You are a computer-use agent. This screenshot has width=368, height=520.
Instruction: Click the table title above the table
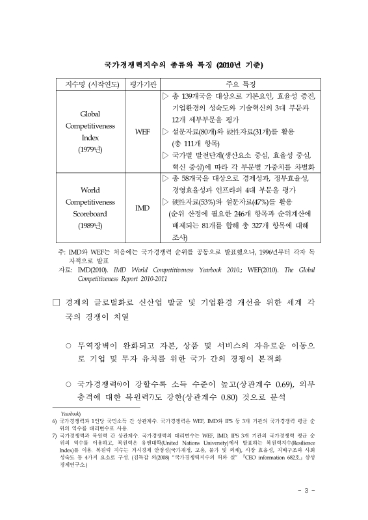click(184, 65)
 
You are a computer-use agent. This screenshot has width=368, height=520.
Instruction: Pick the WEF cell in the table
click(142, 131)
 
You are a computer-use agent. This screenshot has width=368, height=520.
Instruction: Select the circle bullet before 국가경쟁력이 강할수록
click(68, 384)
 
